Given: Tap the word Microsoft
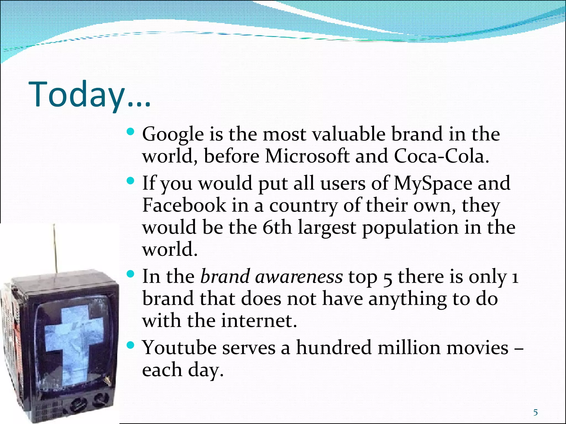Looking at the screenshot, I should (307, 156).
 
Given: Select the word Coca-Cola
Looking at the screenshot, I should (441, 156).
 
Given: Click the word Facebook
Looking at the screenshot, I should (184, 205).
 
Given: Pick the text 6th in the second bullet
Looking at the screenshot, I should (277, 227).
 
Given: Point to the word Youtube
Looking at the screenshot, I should (179, 348).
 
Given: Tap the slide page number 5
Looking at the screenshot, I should (535, 412).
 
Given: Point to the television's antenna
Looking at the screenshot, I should (55, 248).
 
